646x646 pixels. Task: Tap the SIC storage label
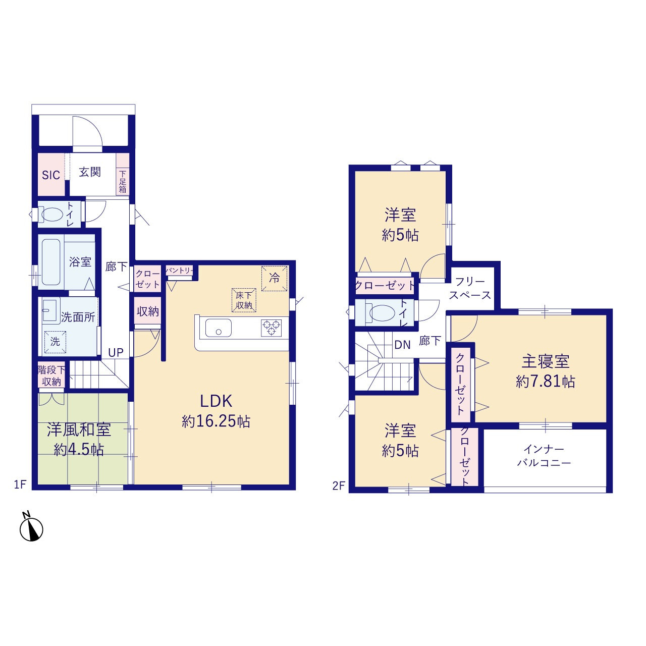(51, 175)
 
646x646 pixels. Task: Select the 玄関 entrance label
(90, 172)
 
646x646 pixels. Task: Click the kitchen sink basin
(218, 328)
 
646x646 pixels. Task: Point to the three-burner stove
(271, 328)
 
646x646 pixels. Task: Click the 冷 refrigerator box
(274, 278)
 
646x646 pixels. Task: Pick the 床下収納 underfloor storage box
(244, 300)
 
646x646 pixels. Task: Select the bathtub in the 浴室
(51, 262)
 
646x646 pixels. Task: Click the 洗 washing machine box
(55, 342)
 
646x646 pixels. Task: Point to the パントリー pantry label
(179, 270)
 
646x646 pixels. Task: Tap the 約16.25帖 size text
(216, 421)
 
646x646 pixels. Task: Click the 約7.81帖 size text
(546, 382)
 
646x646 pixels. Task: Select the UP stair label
(116, 352)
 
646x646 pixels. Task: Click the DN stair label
(402, 345)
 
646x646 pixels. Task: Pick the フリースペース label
(470, 288)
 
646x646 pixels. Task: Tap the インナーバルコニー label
(544, 456)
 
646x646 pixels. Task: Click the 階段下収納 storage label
(51, 376)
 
